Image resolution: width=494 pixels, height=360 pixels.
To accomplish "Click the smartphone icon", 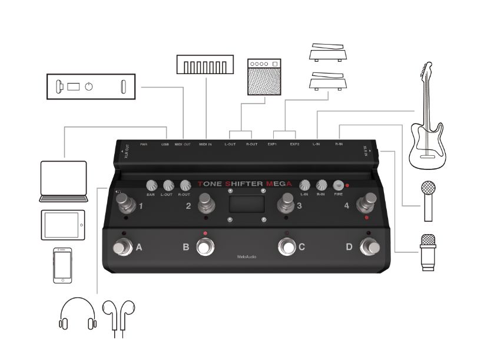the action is [62, 265].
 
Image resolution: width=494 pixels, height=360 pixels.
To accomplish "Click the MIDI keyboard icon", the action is [207, 65].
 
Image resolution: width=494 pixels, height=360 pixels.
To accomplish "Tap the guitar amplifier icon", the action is [264, 77].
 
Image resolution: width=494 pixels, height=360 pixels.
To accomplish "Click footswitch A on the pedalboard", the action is [120, 248].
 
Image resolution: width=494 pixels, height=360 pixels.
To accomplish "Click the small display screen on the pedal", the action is [246, 205].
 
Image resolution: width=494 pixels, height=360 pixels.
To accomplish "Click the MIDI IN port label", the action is [207, 144].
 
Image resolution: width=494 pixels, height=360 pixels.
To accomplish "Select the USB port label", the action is [165, 144].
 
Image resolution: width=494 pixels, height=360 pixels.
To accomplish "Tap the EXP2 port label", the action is [294, 144].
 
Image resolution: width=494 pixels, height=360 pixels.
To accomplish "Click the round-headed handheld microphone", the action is [429, 200].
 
